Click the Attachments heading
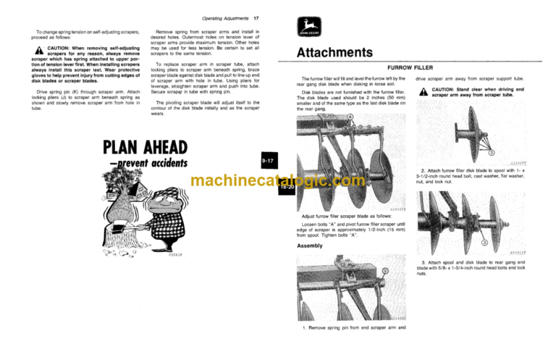tap(335, 53)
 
